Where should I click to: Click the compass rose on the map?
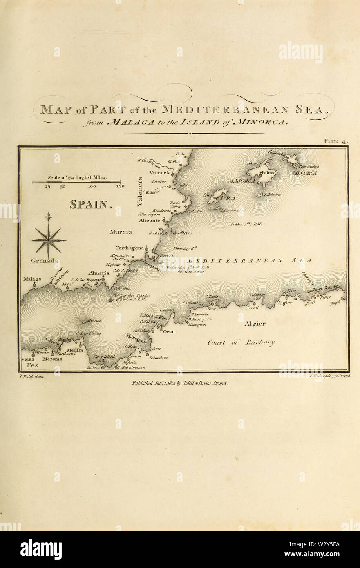click(48, 240)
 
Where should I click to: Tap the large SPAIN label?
click(90, 204)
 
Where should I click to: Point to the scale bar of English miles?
click(76, 181)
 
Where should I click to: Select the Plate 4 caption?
click(335, 141)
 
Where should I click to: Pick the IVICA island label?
click(228, 198)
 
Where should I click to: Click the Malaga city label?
click(32, 279)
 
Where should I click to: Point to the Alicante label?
click(149, 220)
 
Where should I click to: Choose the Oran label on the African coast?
click(169, 331)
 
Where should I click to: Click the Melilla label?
click(75, 350)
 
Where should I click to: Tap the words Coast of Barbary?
click(241, 342)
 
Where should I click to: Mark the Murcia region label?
click(121, 232)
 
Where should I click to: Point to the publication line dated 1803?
click(180, 383)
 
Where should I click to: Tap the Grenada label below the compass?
click(44, 260)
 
